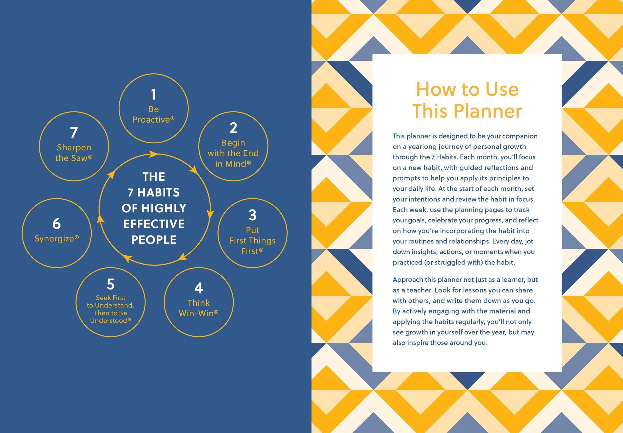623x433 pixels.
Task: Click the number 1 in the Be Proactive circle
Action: (154, 95)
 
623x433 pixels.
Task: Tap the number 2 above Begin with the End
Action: (233, 128)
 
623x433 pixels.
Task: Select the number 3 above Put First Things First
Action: (252, 215)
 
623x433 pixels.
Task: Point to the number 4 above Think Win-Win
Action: (199, 288)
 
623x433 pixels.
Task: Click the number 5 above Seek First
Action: (110, 284)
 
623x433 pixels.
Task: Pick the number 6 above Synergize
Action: (56, 224)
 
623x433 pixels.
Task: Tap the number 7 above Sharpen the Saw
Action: (74, 133)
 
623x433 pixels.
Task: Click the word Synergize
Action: (55, 239)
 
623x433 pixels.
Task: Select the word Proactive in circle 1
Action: (151, 120)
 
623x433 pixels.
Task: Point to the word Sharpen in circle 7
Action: (74, 148)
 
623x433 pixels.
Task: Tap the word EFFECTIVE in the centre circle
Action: (154, 224)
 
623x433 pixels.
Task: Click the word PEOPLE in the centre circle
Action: (154, 240)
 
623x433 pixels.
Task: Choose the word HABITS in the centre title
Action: (158, 193)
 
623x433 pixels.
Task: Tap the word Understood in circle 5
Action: (109, 321)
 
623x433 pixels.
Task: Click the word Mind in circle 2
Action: (236, 164)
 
